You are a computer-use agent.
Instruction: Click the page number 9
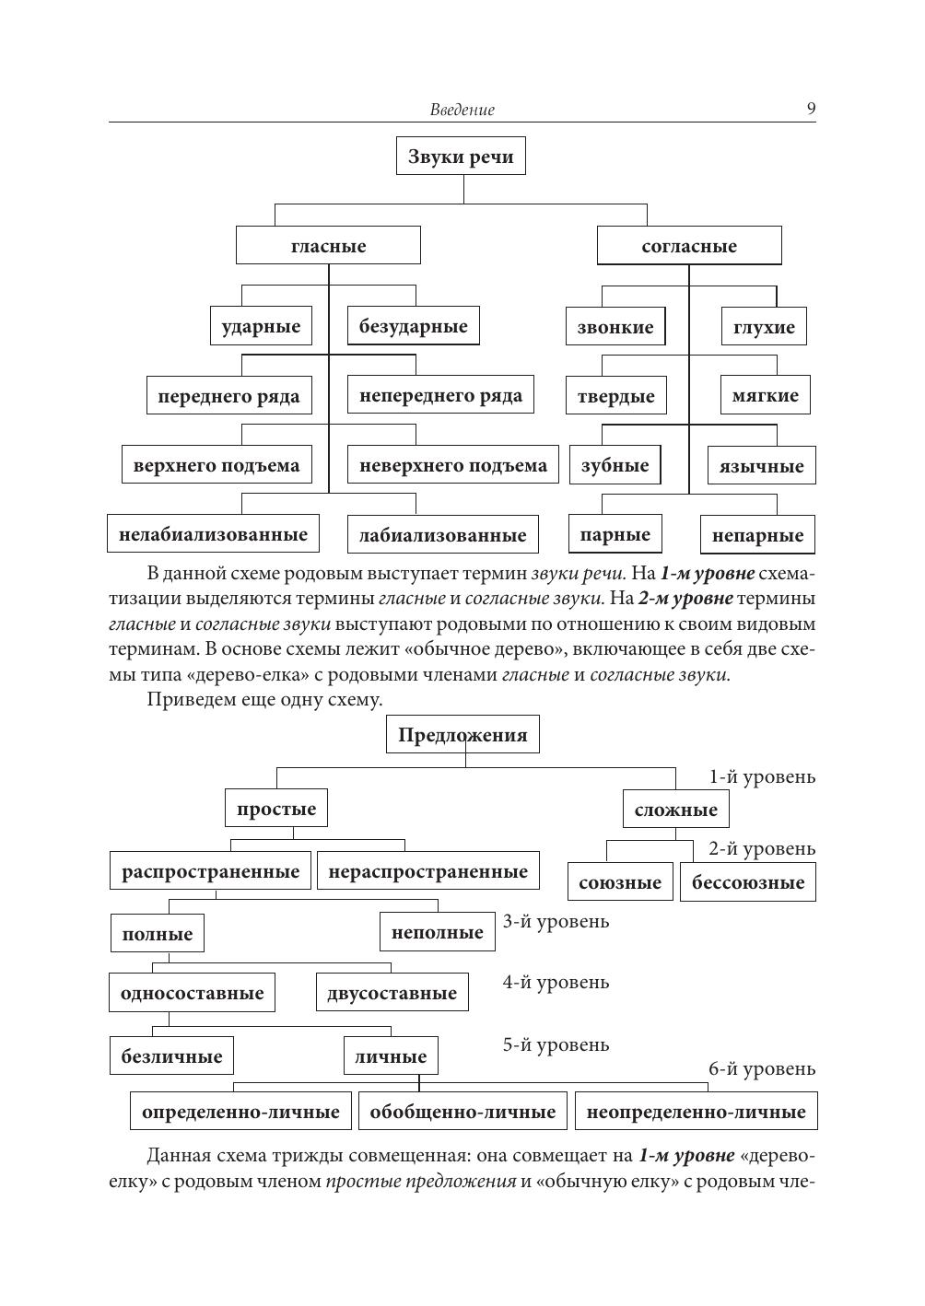[x=811, y=109]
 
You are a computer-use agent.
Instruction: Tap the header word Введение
[x=462, y=111]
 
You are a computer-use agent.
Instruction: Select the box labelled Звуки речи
[x=461, y=157]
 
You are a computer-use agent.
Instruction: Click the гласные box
[x=328, y=246]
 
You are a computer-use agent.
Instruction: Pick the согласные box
[x=689, y=246]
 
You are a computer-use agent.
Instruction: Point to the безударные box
[x=413, y=326]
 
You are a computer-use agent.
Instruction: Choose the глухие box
[x=764, y=327]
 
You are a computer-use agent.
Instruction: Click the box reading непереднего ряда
[x=440, y=396]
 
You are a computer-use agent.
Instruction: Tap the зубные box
[x=615, y=465]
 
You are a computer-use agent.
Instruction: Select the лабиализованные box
[x=442, y=535]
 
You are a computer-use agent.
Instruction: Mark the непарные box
[x=757, y=535]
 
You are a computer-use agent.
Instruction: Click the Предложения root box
[x=462, y=735]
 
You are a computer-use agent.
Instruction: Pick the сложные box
[x=675, y=810]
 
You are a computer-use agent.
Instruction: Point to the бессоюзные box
[x=748, y=882]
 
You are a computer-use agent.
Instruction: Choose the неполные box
[x=437, y=932]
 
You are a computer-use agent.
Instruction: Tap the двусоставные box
[x=392, y=993]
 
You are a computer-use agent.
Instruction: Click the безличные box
[x=171, y=1055]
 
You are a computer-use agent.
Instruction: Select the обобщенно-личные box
[x=462, y=1112]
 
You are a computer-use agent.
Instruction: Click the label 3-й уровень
[x=556, y=921]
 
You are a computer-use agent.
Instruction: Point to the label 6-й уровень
[x=761, y=1068]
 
